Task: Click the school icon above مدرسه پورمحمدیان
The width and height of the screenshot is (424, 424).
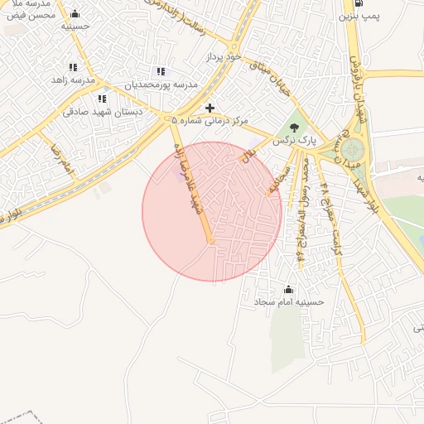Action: [x=160, y=72]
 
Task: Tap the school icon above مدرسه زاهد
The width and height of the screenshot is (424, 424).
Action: [x=73, y=67]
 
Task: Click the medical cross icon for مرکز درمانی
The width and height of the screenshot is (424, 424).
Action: [x=210, y=108]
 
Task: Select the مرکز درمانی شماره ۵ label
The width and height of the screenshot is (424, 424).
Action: [x=210, y=121]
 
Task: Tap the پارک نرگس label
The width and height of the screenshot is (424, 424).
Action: [x=296, y=142]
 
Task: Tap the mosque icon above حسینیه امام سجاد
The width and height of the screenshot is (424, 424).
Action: [x=288, y=290]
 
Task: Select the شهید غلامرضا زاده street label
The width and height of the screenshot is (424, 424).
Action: [x=190, y=182]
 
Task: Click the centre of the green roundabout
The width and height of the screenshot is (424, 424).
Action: [x=354, y=151]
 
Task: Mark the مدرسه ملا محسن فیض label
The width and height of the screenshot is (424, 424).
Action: [x=31, y=9]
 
